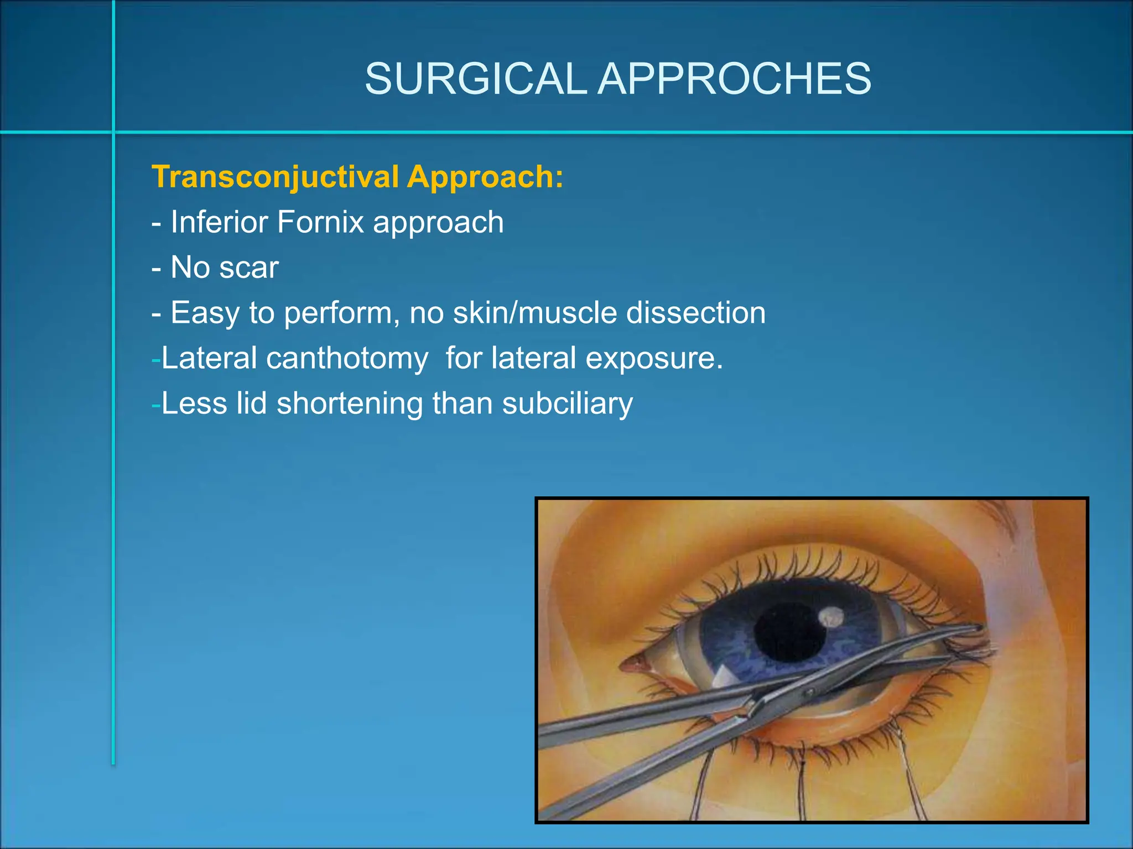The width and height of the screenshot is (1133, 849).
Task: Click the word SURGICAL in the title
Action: [475, 78]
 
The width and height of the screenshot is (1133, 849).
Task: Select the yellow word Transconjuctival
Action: [275, 177]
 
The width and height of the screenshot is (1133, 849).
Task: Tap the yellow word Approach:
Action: [485, 177]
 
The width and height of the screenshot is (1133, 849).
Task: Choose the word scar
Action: [248, 268]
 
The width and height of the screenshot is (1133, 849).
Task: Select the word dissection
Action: [695, 313]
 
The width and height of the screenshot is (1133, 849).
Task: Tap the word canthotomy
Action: [347, 358]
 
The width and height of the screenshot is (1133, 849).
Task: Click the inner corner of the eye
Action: [628, 663]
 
